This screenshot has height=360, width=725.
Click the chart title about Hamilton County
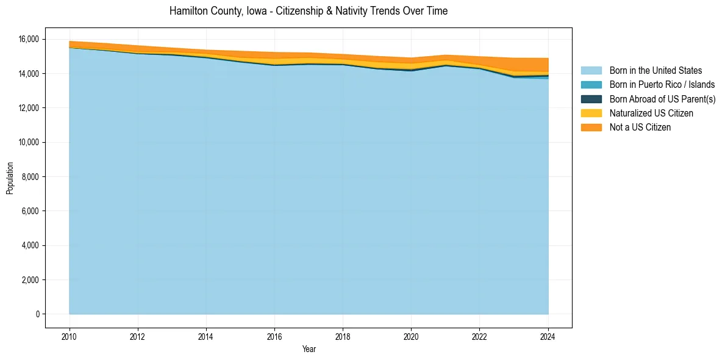coord(309,12)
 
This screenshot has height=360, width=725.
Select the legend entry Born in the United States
coord(655,71)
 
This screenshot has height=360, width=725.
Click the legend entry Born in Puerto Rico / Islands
coord(662,85)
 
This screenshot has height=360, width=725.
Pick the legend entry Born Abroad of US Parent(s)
coord(662,99)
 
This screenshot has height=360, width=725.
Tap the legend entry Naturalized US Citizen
coord(651,113)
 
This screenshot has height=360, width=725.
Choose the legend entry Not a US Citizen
coord(640,128)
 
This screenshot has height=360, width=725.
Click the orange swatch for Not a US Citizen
coord(591,128)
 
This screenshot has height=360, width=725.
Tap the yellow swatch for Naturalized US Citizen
coord(591,113)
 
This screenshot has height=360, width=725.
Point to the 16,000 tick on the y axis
coord(28,39)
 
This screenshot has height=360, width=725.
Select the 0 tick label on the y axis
coord(37,314)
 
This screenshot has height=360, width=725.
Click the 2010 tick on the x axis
coord(70,336)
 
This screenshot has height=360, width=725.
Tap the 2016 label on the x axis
coord(274,336)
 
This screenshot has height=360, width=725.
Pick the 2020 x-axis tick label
coord(412,336)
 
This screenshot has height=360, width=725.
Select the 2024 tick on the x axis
coord(548,336)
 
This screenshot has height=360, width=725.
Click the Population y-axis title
coord(10,178)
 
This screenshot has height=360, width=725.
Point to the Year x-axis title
coord(309,349)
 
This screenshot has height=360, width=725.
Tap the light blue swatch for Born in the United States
coord(591,71)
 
